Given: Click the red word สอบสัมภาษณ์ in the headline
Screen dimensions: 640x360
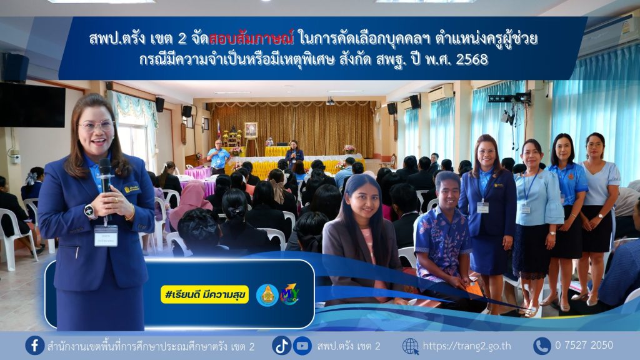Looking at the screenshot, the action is [x=251, y=39].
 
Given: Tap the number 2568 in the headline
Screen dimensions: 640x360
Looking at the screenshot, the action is [x=472, y=60].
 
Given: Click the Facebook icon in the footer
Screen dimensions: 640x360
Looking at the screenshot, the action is [x=35, y=345].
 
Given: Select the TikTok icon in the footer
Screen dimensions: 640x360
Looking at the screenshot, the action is [x=282, y=346].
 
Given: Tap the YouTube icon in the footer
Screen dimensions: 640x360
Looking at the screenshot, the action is [x=302, y=346].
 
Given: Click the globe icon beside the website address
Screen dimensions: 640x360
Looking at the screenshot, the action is [x=411, y=346].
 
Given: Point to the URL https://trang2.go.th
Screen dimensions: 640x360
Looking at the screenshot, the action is [x=467, y=346].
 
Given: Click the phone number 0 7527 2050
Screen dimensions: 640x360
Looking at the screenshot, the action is [x=584, y=345].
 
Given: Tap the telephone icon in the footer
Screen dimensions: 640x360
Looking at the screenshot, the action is [x=542, y=346].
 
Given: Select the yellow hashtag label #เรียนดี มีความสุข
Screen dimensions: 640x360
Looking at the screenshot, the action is [x=205, y=294].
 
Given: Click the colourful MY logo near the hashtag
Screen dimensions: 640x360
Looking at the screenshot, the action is [x=290, y=294].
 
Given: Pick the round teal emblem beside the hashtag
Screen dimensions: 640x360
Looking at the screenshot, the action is [x=267, y=295].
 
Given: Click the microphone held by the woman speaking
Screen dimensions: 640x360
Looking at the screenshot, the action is [x=105, y=176].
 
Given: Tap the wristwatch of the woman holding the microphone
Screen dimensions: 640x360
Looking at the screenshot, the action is [x=89, y=211].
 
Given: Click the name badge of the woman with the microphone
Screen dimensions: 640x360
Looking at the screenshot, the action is [x=106, y=236].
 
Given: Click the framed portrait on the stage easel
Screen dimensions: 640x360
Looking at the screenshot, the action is [x=251, y=130].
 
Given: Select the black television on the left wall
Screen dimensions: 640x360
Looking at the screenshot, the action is [x=32, y=105].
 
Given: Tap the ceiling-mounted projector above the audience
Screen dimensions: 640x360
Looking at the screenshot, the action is [x=331, y=101].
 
